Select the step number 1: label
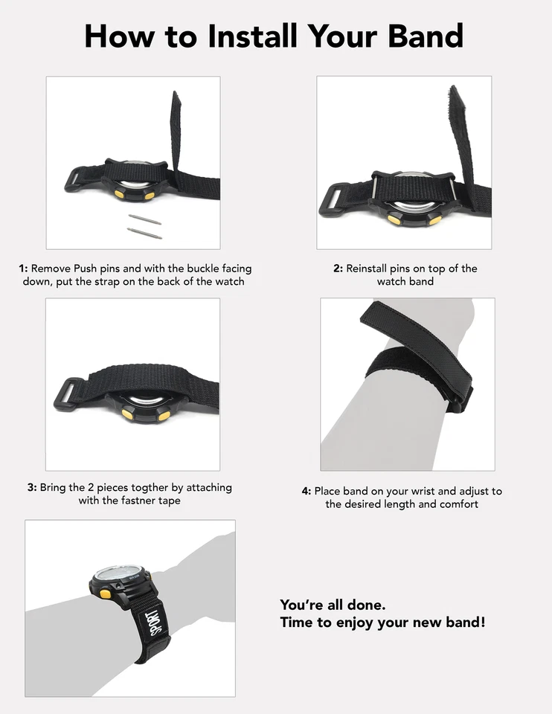pos(23,268)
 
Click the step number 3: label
pos(32,488)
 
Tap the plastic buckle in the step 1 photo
pos(75,179)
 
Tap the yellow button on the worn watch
pos(105,594)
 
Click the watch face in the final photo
pos(120,574)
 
